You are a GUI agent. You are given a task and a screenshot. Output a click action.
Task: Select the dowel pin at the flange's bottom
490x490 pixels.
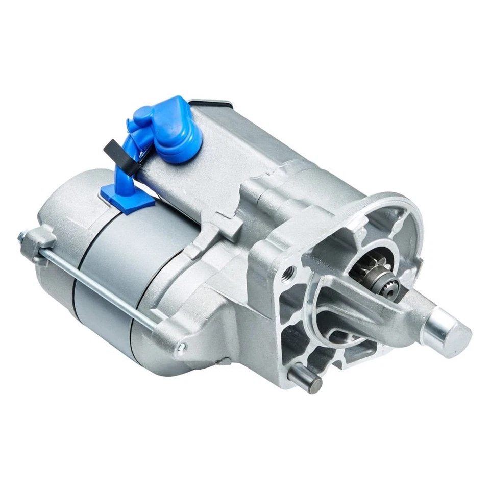click(x=305, y=378)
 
